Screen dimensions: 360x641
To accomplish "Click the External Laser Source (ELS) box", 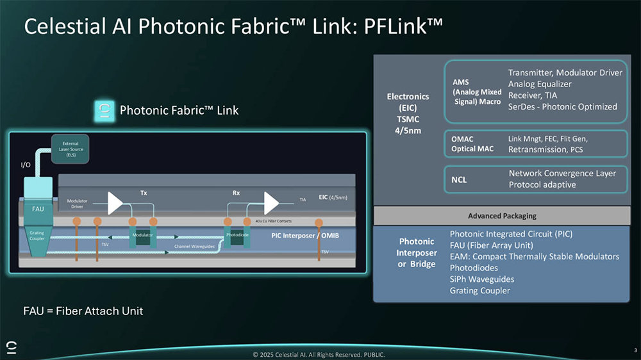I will click(71, 149).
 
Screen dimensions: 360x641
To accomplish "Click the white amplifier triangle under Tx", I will click(115, 203).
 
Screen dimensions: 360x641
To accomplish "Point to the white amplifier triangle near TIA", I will click(271, 203).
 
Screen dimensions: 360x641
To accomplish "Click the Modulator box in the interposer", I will click(142, 235).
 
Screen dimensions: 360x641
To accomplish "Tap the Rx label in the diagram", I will click(236, 192).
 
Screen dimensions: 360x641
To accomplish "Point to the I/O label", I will click(26, 165).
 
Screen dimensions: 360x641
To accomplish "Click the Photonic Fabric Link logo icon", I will click(103, 110).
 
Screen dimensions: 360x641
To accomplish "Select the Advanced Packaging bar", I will click(502, 216).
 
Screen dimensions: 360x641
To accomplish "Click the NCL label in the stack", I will click(459, 179).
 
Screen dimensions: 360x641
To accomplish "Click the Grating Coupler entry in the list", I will click(479, 291).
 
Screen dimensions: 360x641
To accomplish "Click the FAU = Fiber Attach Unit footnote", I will click(83, 311).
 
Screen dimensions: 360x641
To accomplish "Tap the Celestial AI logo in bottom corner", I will click(12, 347).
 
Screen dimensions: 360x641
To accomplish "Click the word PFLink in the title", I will click(403, 26).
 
